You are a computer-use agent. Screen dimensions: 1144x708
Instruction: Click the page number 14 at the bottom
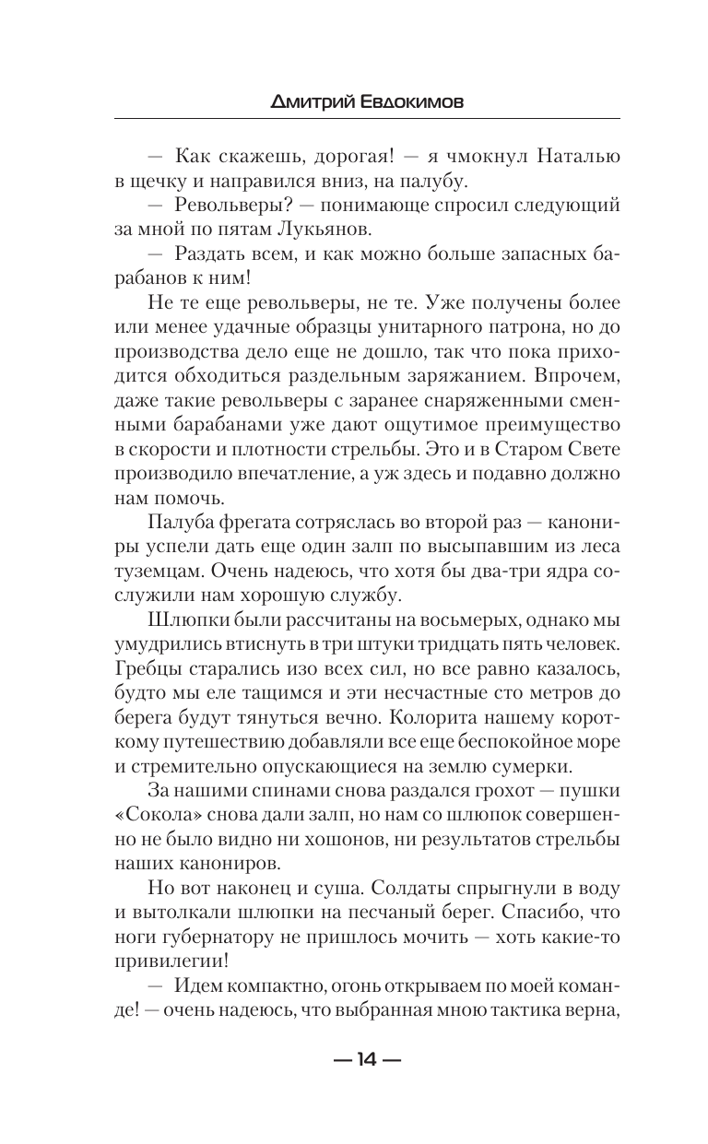pyautogui.click(x=366, y=1060)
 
